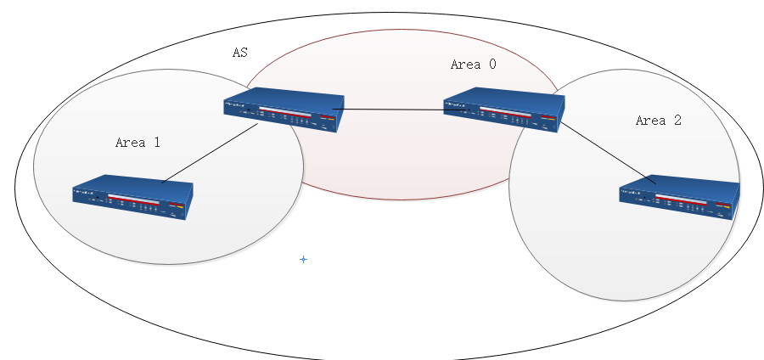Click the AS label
click(240, 53)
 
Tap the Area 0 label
click(473, 65)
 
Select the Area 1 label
click(138, 143)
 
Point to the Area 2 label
click(658, 121)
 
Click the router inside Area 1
click(132, 200)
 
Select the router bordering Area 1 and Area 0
click(284, 110)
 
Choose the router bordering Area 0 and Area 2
click(503, 110)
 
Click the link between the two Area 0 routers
click(390, 109)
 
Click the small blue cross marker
click(303, 259)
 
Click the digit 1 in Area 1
click(156, 143)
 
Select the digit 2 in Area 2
click(677, 121)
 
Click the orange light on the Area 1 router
click(180, 205)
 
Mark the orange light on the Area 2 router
click(727, 205)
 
